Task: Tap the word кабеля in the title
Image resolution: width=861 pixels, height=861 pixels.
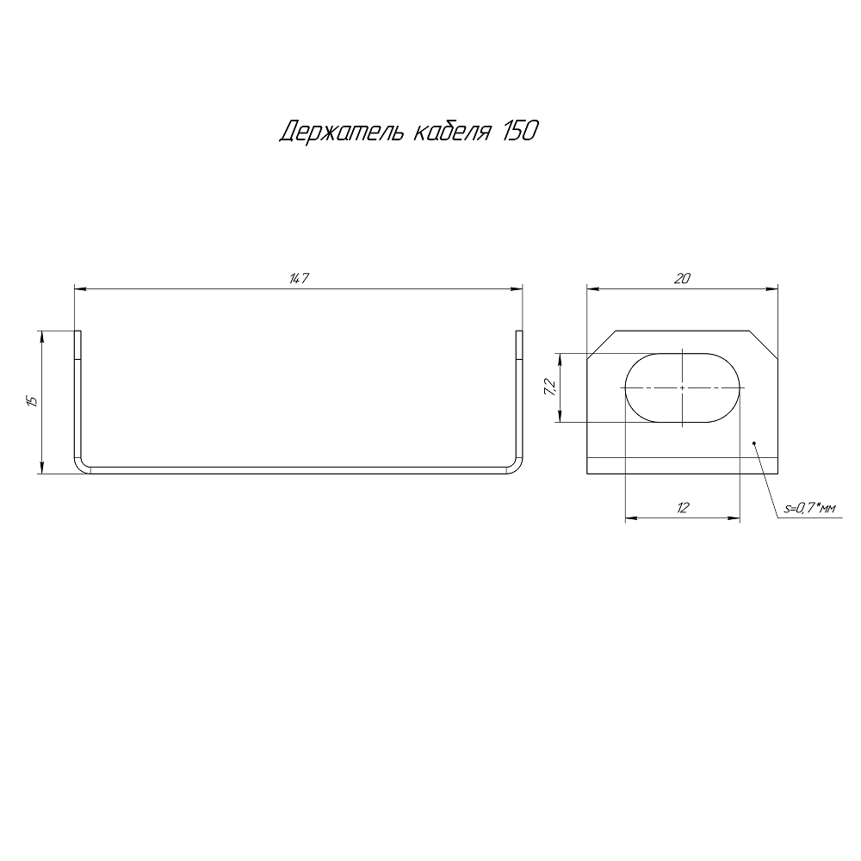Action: (451, 132)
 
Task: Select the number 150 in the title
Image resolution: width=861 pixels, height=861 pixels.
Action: (517, 131)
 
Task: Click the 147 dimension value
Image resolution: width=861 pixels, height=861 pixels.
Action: (299, 279)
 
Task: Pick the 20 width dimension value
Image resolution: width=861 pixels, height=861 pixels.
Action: (681, 279)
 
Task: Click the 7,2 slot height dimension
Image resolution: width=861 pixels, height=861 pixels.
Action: (550, 387)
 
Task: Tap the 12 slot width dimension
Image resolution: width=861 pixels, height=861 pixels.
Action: (683, 508)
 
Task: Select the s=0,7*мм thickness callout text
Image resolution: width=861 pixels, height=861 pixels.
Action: (810, 509)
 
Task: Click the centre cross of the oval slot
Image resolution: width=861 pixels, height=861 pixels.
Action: (683, 387)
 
